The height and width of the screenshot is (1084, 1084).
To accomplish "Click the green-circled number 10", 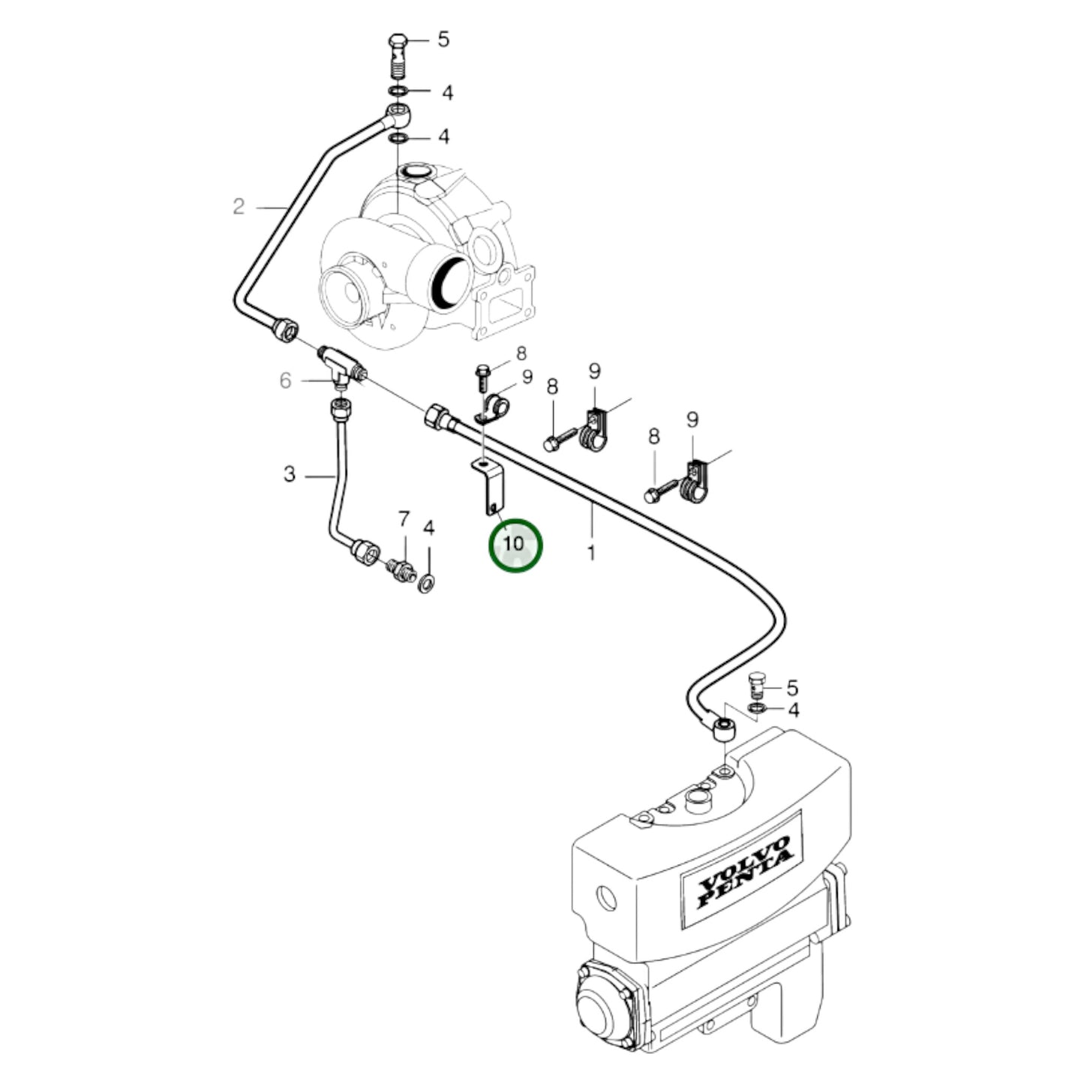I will pyautogui.click(x=515, y=545).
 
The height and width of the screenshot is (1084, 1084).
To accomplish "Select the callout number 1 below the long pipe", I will pyautogui.click(x=591, y=553).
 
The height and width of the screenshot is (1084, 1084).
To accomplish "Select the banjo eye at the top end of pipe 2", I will pyautogui.click(x=397, y=115).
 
